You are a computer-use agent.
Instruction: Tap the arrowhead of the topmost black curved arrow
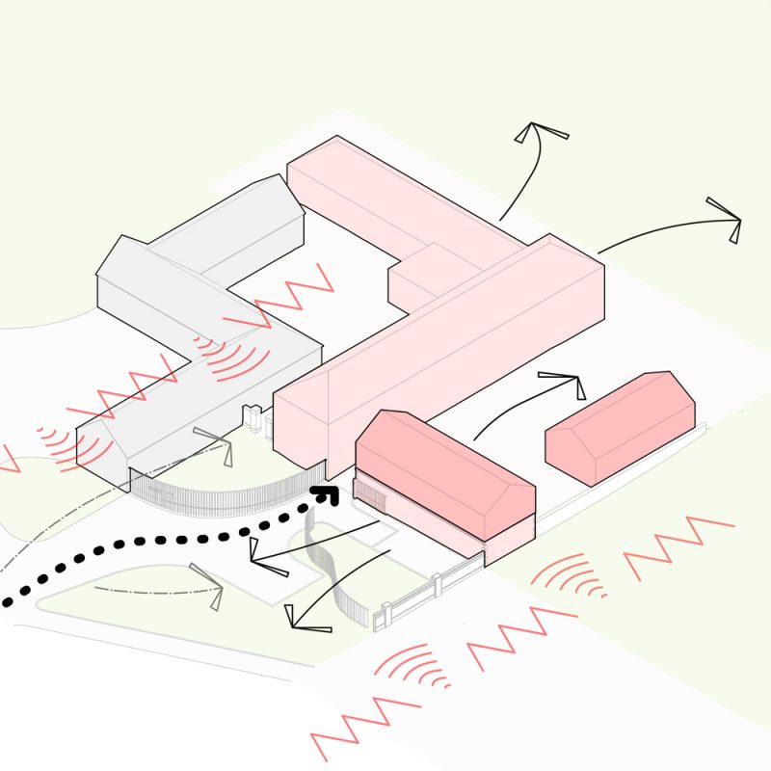(539, 134)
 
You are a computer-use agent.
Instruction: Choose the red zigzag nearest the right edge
(678, 544)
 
